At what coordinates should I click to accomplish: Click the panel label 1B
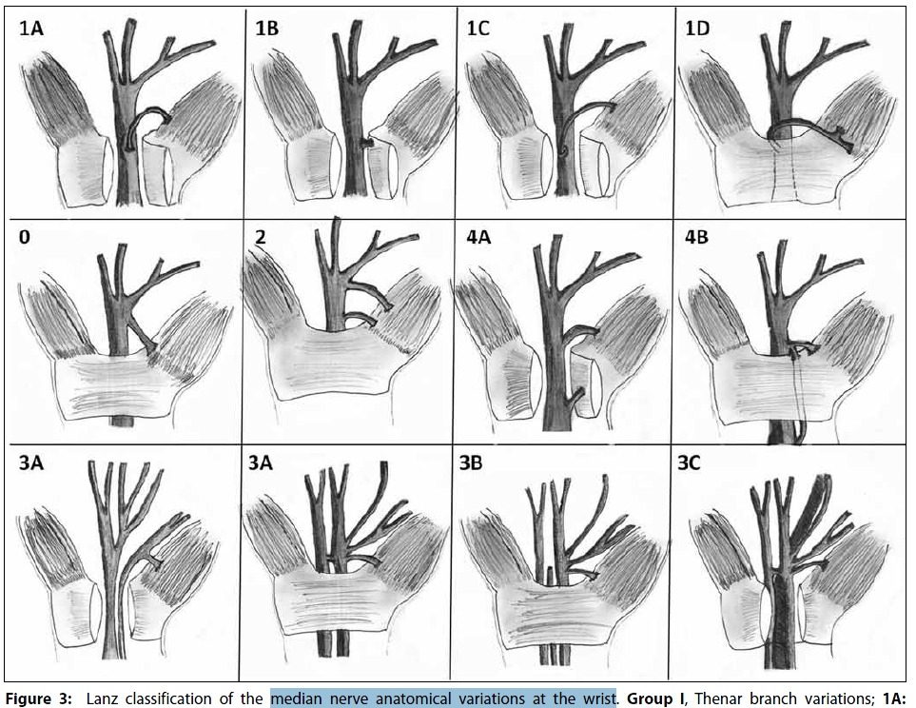(267, 29)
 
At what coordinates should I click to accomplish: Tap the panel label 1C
(477, 29)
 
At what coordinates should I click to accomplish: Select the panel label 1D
(697, 29)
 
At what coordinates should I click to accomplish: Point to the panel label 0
(25, 238)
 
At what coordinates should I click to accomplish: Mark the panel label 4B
(697, 238)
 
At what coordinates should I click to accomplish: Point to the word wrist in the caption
(597, 698)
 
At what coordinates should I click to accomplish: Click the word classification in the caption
(166, 698)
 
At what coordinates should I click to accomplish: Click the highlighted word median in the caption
(296, 698)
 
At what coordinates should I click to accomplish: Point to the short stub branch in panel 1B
(366, 142)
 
